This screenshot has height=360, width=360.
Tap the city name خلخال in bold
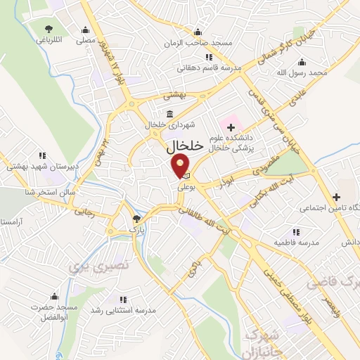[185, 146]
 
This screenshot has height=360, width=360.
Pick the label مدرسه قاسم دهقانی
[212, 68]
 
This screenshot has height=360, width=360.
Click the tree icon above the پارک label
[136, 219]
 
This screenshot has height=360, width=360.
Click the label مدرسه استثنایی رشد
[136, 309]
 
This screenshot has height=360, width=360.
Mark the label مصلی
[86, 41]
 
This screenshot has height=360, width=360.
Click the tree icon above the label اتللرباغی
[49, 28]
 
